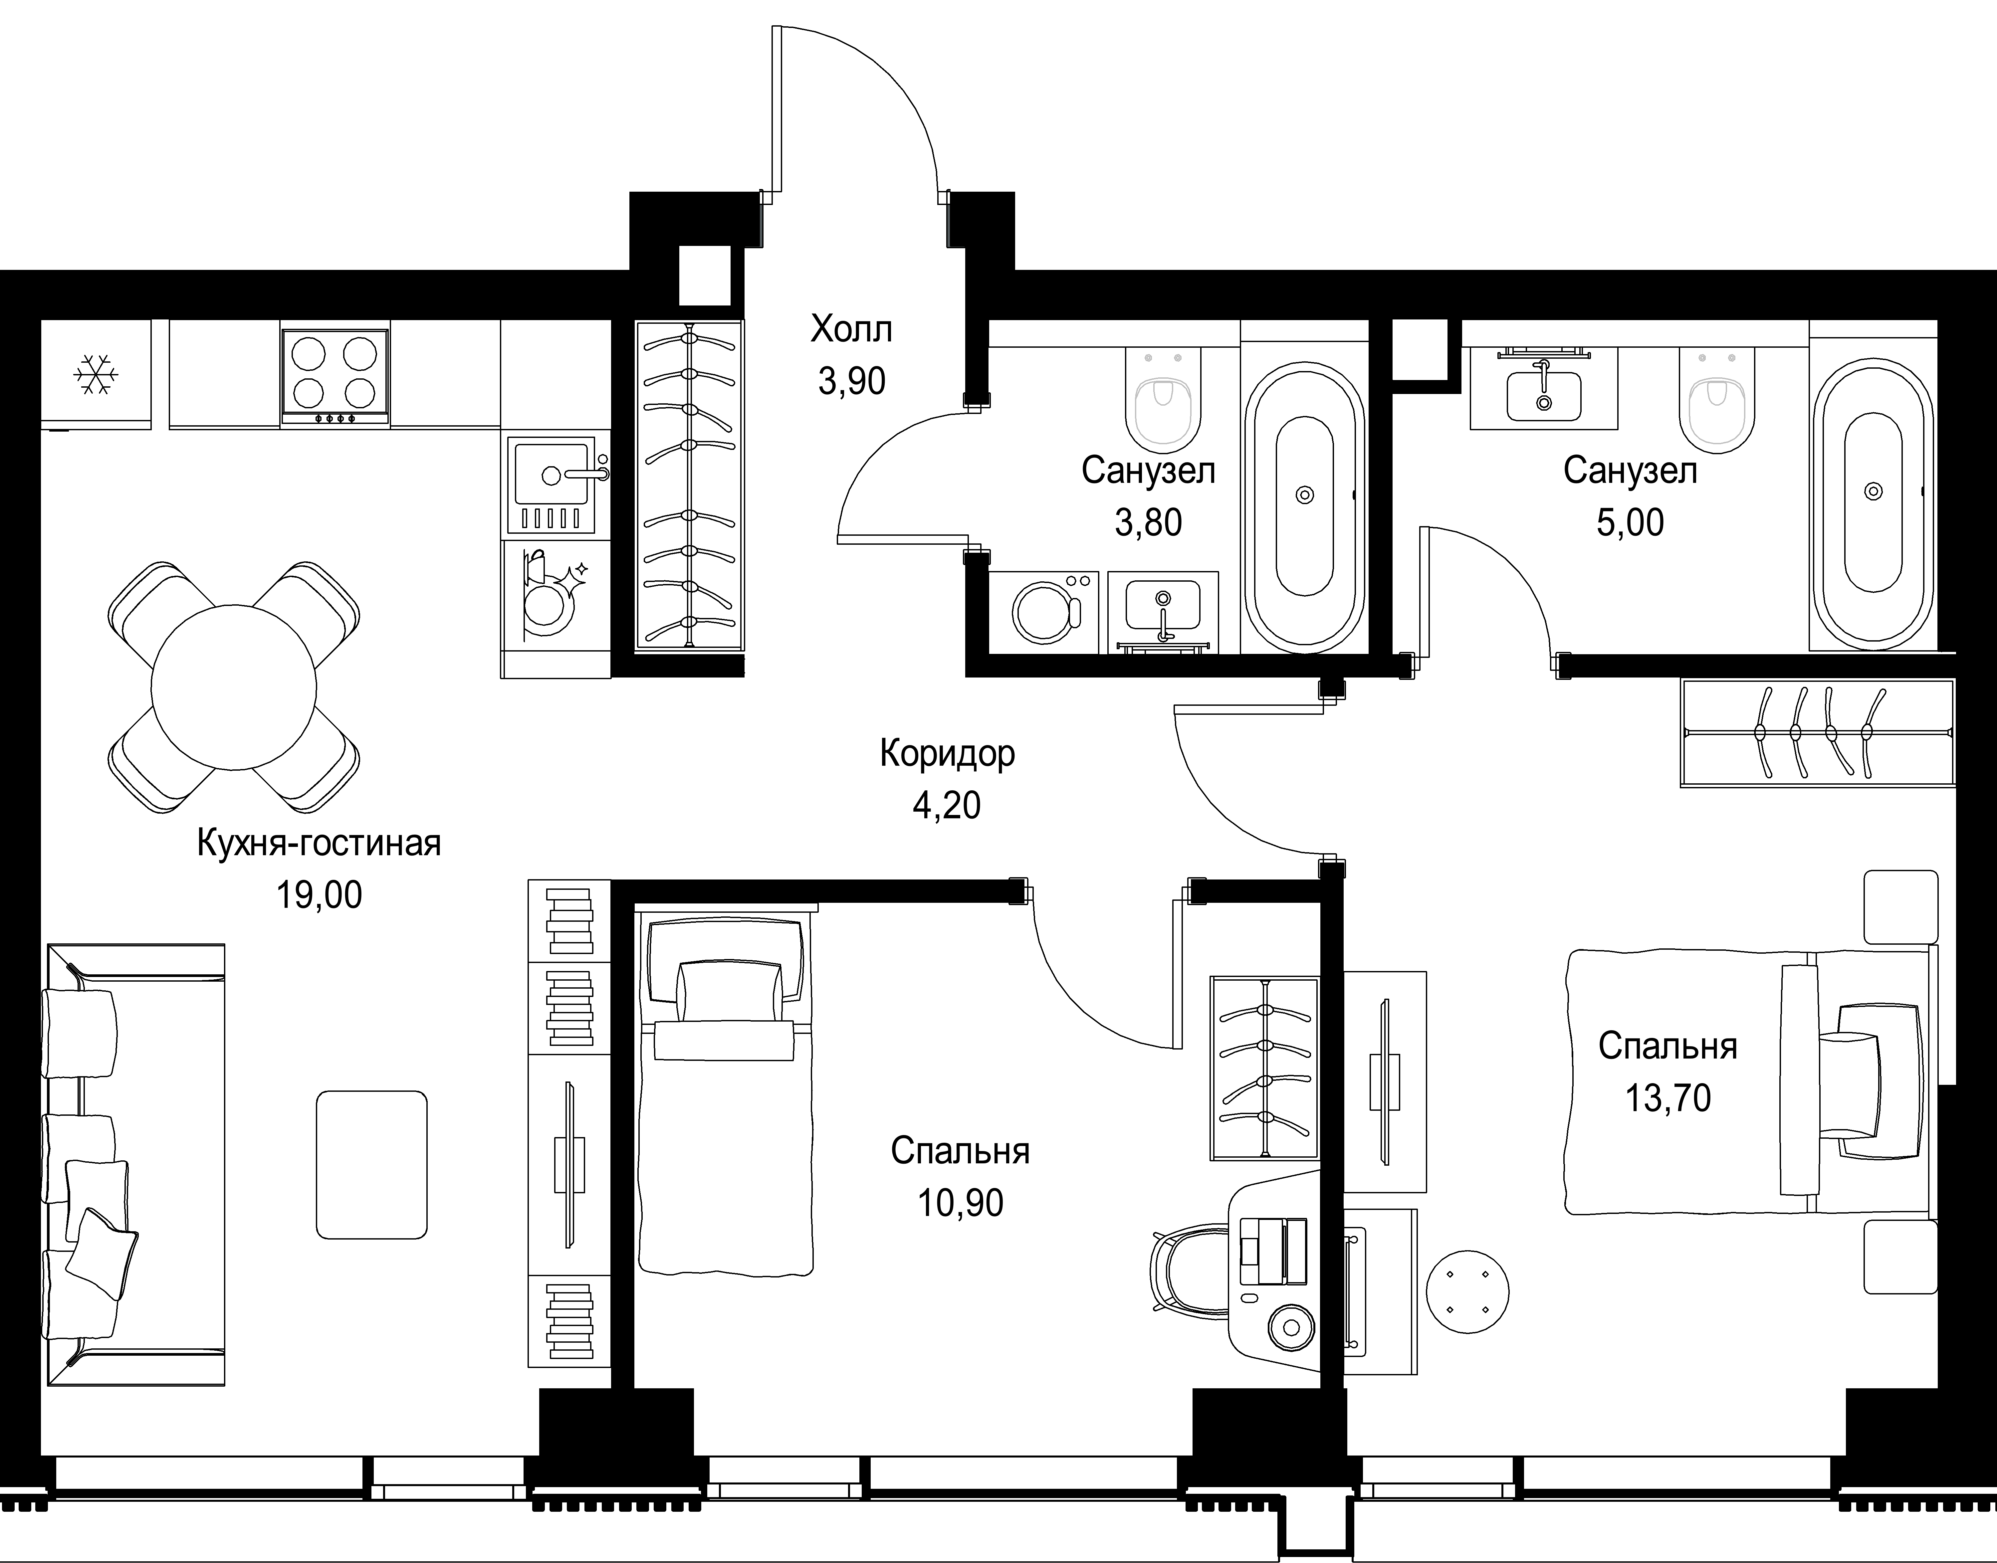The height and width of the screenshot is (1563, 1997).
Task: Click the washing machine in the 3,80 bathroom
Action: (1044, 612)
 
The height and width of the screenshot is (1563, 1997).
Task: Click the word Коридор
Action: (947, 753)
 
